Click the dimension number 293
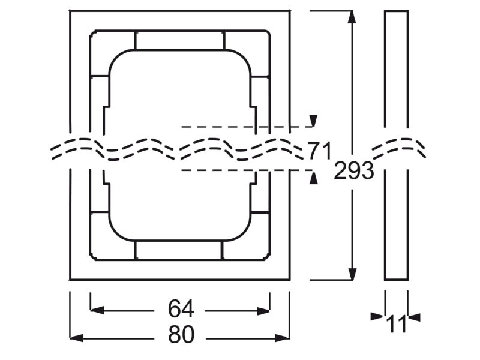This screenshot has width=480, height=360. pyautogui.click(x=353, y=171)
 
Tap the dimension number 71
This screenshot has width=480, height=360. pyautogui.click(x=319, y=151)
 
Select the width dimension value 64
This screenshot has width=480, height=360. pyautogui.click(x=181, y=309)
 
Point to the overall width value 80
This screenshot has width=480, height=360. pyautogui.click(x=181, y=334)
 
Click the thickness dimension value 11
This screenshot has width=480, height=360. pyautogui.click(x=397, y=324)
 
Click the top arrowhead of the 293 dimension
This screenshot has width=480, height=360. pyautogui.click(x=352, y=17)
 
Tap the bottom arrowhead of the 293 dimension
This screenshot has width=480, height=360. pyautogui.click(x=352, y=274)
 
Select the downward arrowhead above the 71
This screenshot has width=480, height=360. pyautogui.click(x=313, y=121)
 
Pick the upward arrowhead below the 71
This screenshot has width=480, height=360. pyautogui.click(x=313, y=178)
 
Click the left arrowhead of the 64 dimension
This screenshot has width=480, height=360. pyautogui.click(x=97, y=310)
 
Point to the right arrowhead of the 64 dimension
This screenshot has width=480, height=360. pyautogui.click(x=263, y=311)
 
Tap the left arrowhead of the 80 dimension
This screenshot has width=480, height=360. pyautogui.click(x=77, y=338)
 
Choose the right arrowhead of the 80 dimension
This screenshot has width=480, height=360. pyautogui.click(x=281, y=338)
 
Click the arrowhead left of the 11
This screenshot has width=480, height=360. pyautogui.click(x=377, y=317)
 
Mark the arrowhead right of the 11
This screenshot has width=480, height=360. pyautogui.click(x=414, y=317)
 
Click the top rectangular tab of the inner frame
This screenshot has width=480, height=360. pyautogui.click(x=179, y=40)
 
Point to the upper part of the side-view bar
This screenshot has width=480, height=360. pyautogui.click(x=396, y=69)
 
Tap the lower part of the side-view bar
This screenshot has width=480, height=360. pyautogui.click(x=396, y=224)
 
